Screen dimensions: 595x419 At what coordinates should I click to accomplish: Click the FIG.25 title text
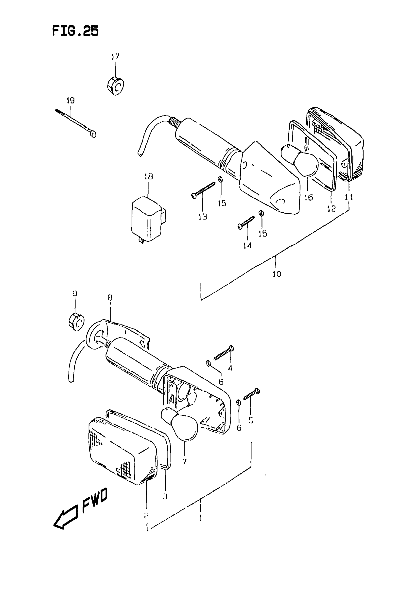pos(75,31)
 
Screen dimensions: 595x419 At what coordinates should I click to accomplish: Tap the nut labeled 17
pos(115,86)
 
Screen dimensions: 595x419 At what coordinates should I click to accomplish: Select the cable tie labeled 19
pos(75,123)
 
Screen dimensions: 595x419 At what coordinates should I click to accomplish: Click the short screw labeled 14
pos(246,223)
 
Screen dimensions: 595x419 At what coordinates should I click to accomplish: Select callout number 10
pos(277,274)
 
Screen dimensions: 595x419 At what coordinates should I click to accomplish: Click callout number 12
pos(331,208)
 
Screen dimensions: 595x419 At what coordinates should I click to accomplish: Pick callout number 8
pos(110,298)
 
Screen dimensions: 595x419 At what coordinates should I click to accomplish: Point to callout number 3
pos(165,496)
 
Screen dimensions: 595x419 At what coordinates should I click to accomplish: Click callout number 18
pos(148,176)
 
